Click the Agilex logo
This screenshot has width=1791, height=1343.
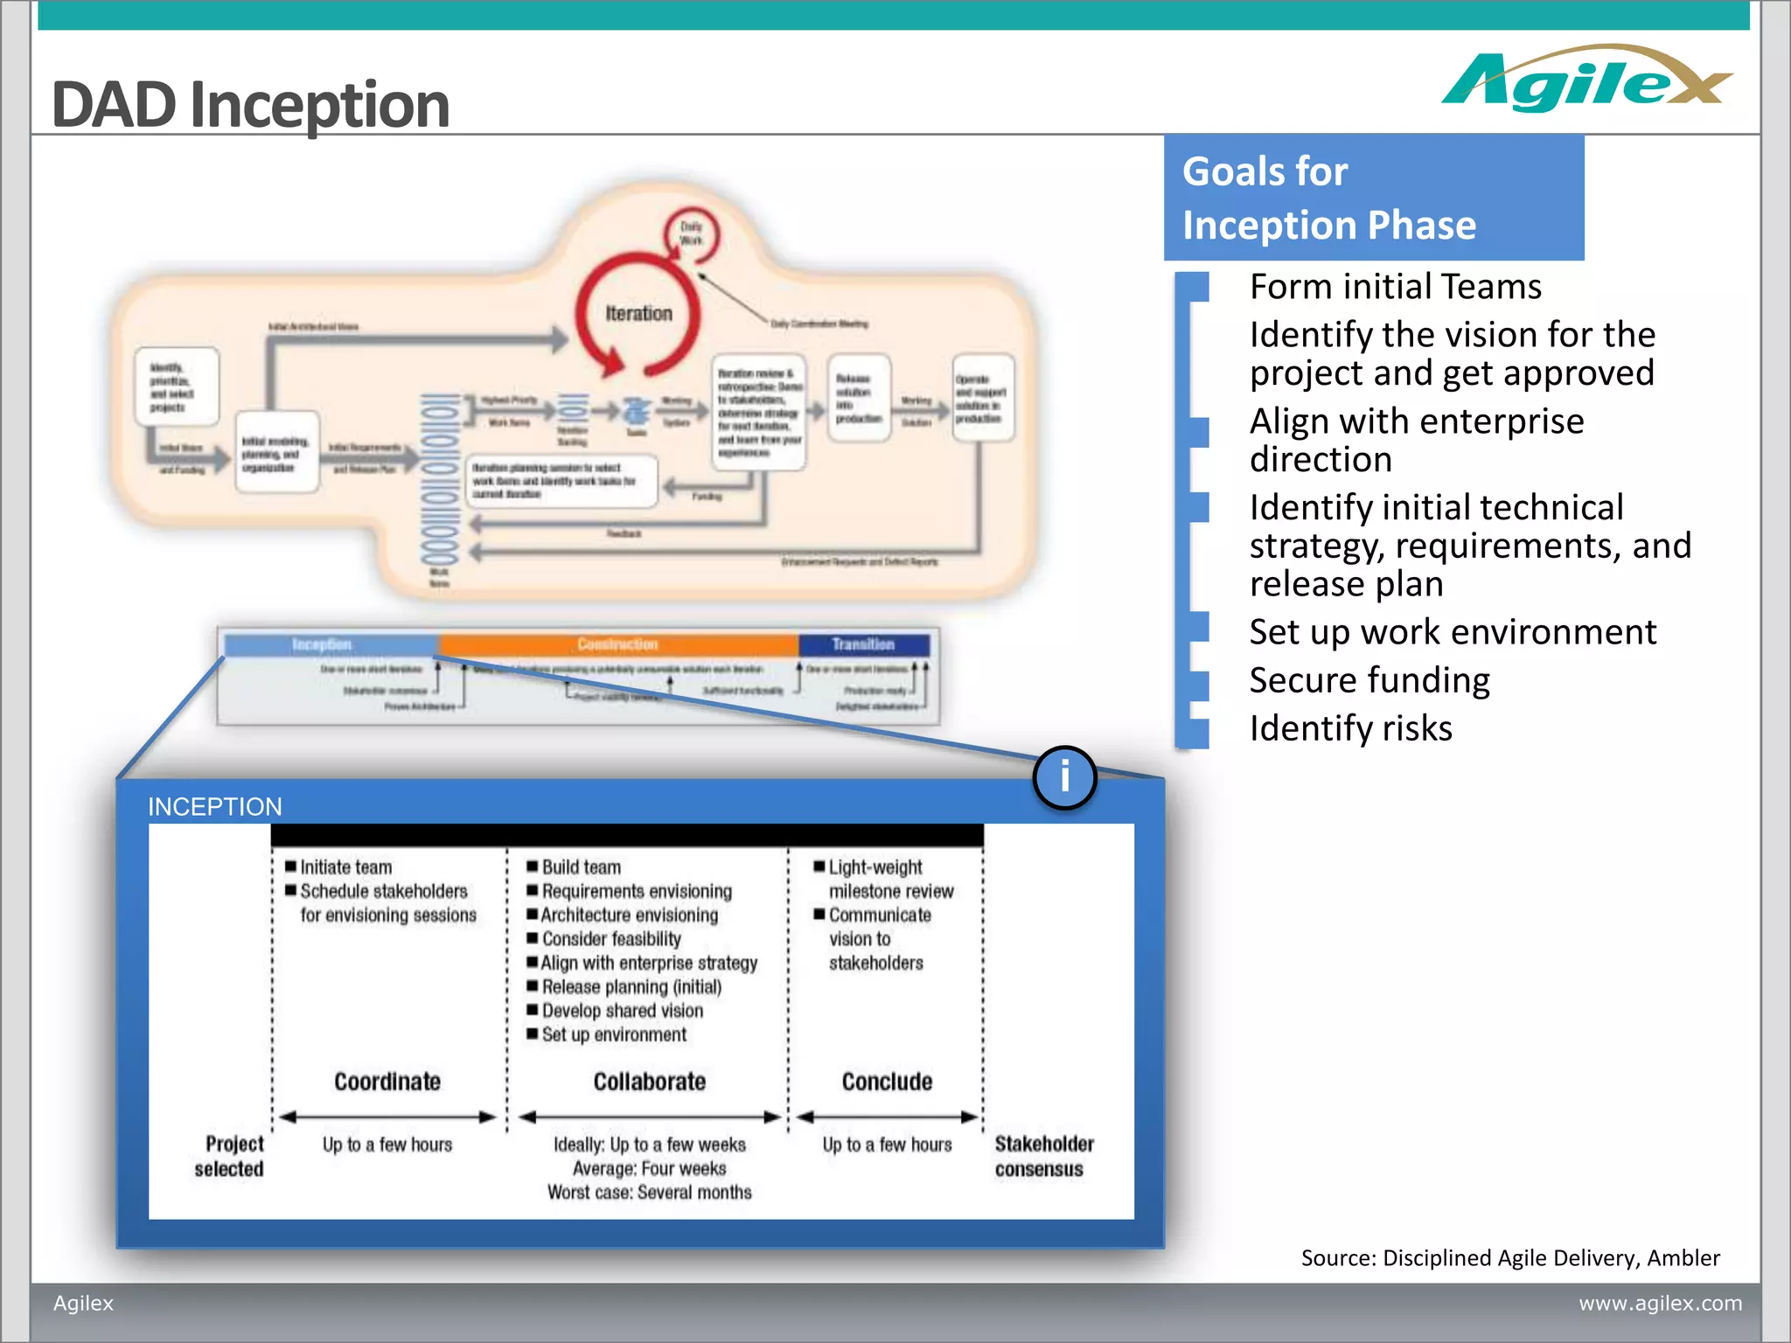point(1585,80)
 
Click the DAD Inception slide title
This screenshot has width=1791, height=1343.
point(250,104)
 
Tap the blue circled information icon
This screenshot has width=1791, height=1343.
point(1064,776)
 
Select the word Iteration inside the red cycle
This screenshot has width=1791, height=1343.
point(638,313)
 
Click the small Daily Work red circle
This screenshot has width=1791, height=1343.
point(691,234)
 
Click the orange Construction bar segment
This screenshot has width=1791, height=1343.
point(617,644)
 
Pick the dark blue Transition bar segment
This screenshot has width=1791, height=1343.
point(863,644)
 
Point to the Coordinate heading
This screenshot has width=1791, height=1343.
point(387,1082)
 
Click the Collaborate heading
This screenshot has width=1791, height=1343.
point(649,1082)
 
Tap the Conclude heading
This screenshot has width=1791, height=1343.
point(887,1082)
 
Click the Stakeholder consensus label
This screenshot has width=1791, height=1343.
point(1042,1156)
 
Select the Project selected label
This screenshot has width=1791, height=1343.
point(231,1156)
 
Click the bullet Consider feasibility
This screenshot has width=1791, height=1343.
point(610,939)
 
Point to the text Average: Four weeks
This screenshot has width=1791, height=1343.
point(649,1168)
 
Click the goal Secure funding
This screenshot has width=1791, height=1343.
point(1369,680)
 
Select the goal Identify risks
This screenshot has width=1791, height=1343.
point(1350,728)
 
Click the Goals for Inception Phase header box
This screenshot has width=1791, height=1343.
point(1373,198)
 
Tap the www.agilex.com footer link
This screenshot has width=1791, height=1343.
point(1660,1303)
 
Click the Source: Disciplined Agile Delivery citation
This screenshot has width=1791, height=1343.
point(1510,1257)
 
